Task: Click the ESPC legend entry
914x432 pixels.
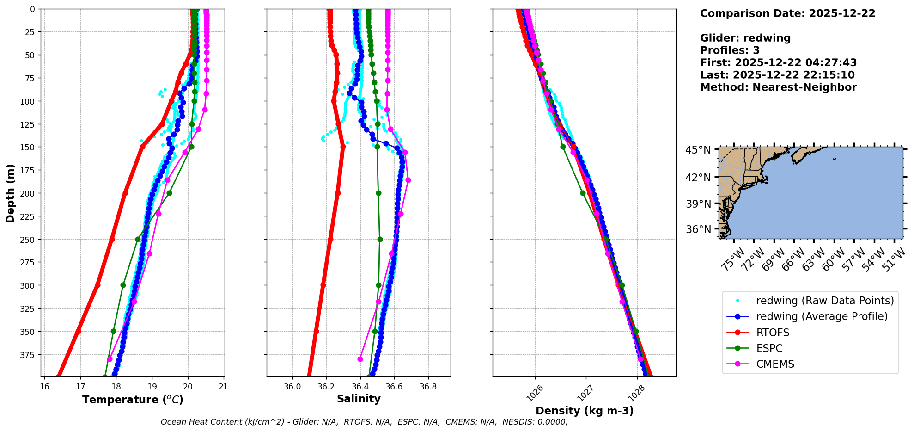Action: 769,348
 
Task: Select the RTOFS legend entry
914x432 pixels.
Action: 773,333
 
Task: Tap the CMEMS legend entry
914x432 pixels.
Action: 775,364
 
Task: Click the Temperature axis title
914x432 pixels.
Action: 133,400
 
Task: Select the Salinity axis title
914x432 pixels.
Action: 359,399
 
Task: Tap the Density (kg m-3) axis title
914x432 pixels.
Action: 585,411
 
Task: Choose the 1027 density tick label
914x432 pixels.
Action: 585,394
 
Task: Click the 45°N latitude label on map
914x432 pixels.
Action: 698,150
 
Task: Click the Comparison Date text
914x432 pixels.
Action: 787,13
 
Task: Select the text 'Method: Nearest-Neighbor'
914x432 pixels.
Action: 778,87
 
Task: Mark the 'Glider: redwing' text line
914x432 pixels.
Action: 745,38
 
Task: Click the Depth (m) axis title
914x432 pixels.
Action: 10,193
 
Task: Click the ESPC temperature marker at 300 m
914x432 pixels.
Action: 123,285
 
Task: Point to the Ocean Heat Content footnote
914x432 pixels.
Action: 364,422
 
